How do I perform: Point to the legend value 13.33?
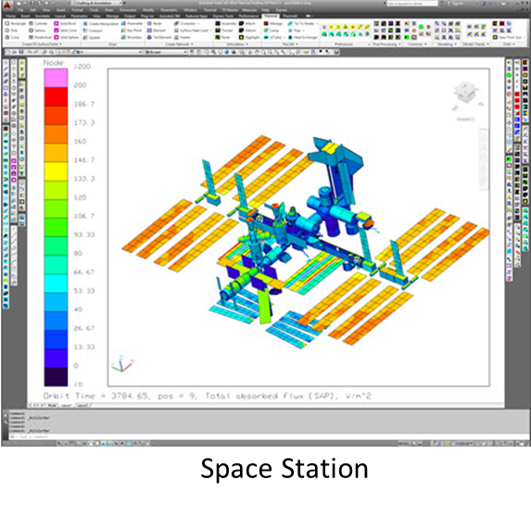click(x=85, y=346)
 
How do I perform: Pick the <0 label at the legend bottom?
click(x=79, y=383)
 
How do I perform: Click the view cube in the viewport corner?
click(x=465, y=94)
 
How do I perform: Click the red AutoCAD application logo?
click(x=6, y=6)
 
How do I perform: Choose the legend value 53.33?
click(x=85, y=289)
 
